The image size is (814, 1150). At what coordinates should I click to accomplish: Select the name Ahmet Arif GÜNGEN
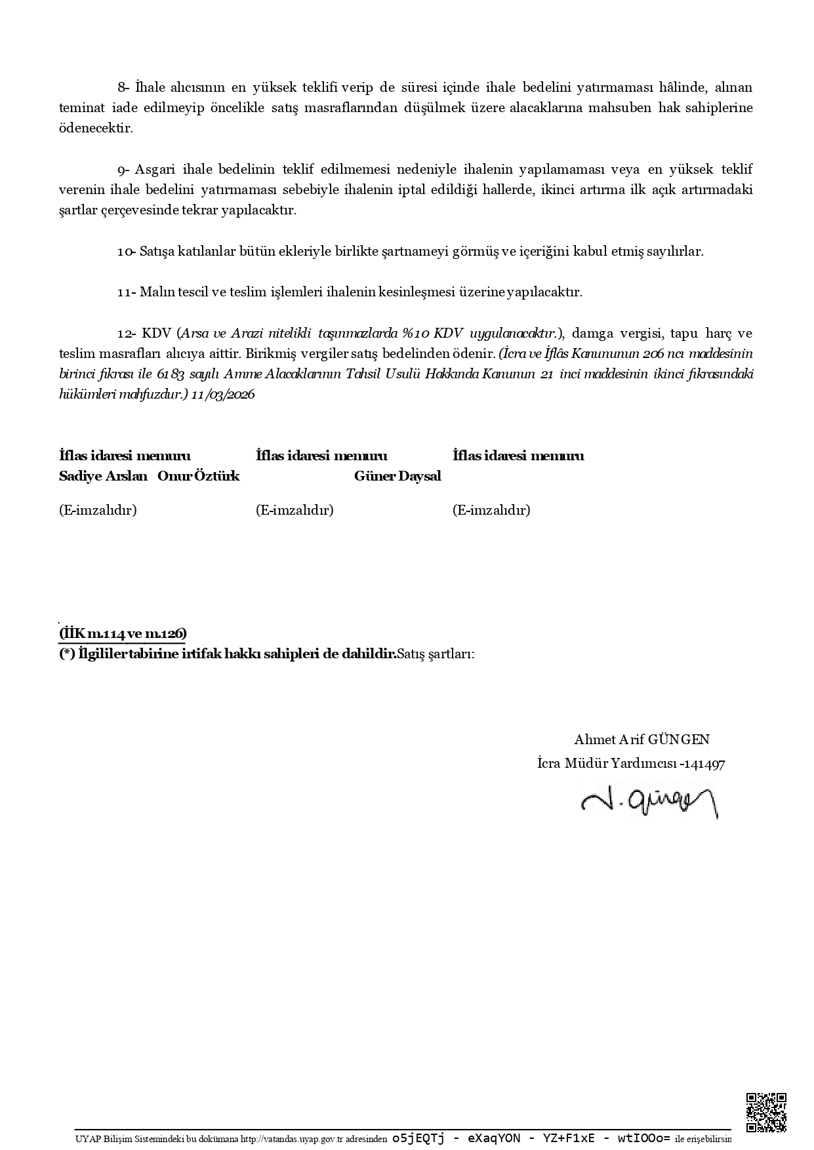click(x=641, y=740)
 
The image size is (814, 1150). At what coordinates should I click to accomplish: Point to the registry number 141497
click(x=705, y=764)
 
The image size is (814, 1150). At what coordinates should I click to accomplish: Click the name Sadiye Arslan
click(x=103, y=476)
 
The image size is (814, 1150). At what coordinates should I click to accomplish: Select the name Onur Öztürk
click(x=198, y=476)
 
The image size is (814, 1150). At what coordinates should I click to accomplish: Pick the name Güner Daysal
click(x=397, y=476)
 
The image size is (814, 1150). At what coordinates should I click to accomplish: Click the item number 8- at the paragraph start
click(x=125, y=87)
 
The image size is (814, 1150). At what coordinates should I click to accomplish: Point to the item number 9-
click(x=125, y=170)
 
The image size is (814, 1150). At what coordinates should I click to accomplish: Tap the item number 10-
click(x=127, y=252)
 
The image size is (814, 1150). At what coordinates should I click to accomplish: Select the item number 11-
click(x=127, y=292)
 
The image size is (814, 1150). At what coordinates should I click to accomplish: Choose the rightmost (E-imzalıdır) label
click(x=491, y=510)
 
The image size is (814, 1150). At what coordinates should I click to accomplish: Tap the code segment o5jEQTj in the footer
click(x=418, y=1138)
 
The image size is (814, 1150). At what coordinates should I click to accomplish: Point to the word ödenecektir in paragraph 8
click(x=96, y=129)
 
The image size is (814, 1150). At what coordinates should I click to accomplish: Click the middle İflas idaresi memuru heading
click(x=321, y=456)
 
